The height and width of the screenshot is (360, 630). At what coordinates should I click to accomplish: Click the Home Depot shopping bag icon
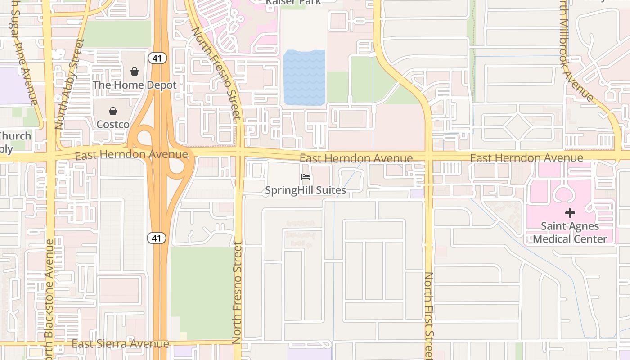click(x=134, y=72)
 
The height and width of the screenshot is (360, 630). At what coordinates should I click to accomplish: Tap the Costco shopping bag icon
click(x=113, y=111)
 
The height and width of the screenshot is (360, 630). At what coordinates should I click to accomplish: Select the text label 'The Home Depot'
click(x=135, y=85)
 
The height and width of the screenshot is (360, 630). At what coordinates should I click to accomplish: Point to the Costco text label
click(x=113, y=124)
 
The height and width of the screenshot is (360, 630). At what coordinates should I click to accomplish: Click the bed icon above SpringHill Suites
click(x=306, y=177)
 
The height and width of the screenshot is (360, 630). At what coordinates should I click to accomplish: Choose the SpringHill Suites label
click(x=306, y=190)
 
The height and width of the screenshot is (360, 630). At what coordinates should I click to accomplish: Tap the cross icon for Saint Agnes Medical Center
click(x=570, y=212)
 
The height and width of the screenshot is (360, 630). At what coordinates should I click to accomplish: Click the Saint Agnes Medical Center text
click(x=570, y=232)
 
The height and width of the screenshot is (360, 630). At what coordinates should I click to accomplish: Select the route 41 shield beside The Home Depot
click(x=157, y=58)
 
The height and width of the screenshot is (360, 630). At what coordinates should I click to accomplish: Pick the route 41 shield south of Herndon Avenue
click(x=157, y=238)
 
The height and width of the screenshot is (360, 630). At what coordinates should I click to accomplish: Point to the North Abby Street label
click(x=69, y=84)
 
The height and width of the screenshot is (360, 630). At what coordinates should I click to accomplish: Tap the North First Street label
click(x=429, y=315)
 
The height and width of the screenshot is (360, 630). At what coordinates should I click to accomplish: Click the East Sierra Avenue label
click(x=121, y=344)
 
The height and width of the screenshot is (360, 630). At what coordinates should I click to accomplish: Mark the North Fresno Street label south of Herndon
click(x=237, y=292)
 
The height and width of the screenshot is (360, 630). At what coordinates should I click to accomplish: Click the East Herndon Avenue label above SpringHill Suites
click(x=356, y=158)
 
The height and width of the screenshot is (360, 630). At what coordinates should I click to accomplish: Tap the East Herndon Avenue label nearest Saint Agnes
click(x=526, y=158)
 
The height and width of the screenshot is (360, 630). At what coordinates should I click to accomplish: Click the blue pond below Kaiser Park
click(x=304, y=77)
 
